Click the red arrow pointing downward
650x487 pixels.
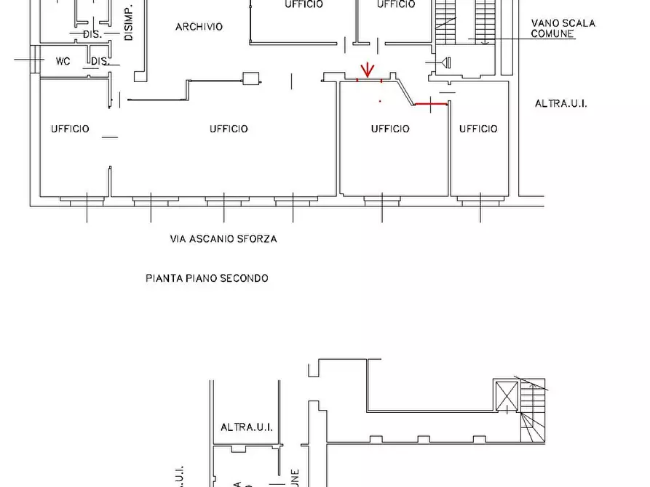[x=368, y=70]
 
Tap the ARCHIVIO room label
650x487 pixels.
[x=199, y=27]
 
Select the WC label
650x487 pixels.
[x=63, y=61]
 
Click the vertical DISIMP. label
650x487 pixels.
[x=129, y=23]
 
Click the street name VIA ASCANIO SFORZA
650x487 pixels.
[x=223, y=238]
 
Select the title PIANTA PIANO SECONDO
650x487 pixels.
[x=207, y=278]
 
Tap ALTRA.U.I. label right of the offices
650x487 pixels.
[x=560, y=104]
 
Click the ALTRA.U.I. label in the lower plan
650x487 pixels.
[x=247, y=427]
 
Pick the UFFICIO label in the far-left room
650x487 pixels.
[x=70, y=129]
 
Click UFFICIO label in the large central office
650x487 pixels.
[x=229, y=129]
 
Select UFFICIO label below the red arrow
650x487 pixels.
[x=390, y=129]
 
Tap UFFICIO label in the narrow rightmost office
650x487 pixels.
[x=478, y=129]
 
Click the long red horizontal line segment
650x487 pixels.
[x=430, y=104]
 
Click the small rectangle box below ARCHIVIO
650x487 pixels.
[x=251, y=79]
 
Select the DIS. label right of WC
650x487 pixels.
[x=99, y=62]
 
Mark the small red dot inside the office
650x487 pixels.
[x=379, y=100]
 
